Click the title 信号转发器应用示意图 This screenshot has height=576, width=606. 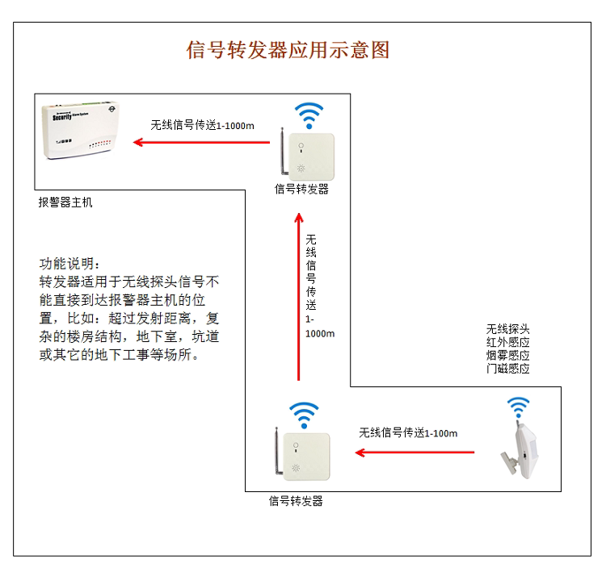(288, 51)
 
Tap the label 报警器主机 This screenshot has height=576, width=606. (65, 202)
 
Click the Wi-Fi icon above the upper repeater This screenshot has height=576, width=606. (308, 115)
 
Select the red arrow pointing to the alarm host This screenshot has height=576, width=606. (202, 143)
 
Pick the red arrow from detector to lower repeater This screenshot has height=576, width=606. (415, 453)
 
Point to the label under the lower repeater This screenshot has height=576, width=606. (296, 501)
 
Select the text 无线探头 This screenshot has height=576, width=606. (507, 330)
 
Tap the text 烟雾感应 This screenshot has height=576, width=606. (507, 356)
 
